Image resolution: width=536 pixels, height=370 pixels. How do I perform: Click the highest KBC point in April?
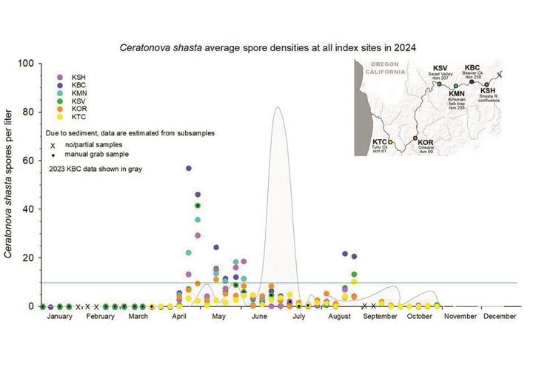pyautogui.click(x=189, y=169)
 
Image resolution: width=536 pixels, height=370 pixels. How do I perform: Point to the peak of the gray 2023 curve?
pyautogui.click(x=277, y=108)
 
